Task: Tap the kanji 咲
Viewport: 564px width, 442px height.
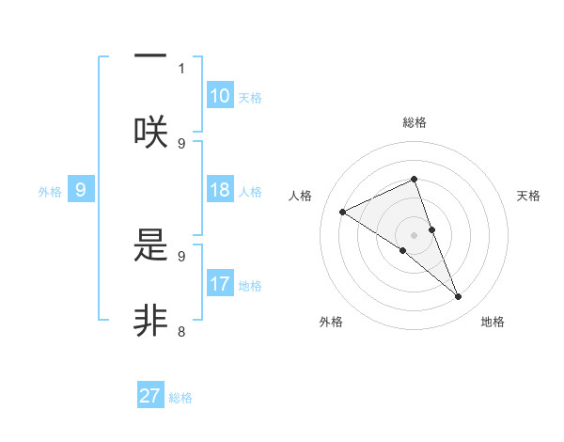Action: coord(150,132)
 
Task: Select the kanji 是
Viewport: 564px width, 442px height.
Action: coord(150,247)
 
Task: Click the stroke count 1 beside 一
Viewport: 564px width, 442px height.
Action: coord(181,68)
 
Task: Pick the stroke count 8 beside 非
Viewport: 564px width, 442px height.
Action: coord(181,331)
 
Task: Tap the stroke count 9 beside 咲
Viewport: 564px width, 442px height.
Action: coord(181,143)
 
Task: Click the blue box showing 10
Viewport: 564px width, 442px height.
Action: coord(220,96)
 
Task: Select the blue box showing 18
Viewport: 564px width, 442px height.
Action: coord(220,190)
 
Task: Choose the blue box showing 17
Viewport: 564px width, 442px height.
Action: coord(220,284)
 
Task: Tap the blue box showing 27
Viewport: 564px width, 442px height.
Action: coord(150,396)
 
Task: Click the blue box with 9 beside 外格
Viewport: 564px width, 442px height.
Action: coord(81,190)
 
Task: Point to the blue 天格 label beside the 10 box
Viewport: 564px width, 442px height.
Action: coord(250,97)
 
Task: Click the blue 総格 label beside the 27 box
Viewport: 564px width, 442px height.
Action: coord(180,397)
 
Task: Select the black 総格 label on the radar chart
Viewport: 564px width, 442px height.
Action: coord(415,122)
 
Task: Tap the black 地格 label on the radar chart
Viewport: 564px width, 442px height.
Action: coord(493,323)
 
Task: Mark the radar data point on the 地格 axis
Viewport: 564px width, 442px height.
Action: coord(459,297)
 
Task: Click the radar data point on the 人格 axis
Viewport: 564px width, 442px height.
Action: coord(343,212)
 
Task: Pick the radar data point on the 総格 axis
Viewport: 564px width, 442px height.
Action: coord(415,179)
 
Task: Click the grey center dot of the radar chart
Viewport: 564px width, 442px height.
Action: coord(415,234)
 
